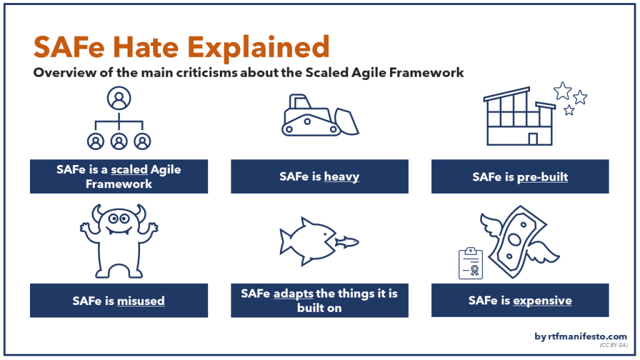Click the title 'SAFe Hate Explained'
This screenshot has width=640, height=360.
pyautogui.click(x=181, y=47)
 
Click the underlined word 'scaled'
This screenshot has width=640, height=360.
pyautogui.click(x=129, y=169)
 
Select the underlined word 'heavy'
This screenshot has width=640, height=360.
pyautogui.click(x=341, y=177)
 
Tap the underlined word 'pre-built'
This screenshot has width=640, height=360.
pyautogui.click(x=542, y=177)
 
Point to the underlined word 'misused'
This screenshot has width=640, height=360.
pyautogui.click(x=141, y=301)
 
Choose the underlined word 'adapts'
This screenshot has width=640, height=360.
pyautogui.click(x=293, y=293)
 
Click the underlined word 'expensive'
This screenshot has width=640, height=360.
pyautogui.click(x=542, y=301)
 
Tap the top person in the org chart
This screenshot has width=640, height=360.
pyautogui.click(x=119, y=98)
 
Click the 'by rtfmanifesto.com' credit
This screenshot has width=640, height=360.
pyautogui.click(x=581, y=336)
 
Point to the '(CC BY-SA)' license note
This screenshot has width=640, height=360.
pyautogui.click(x=612, y=345)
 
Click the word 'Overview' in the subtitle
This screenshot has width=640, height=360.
pyautogui.click(x=61, y=72)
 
